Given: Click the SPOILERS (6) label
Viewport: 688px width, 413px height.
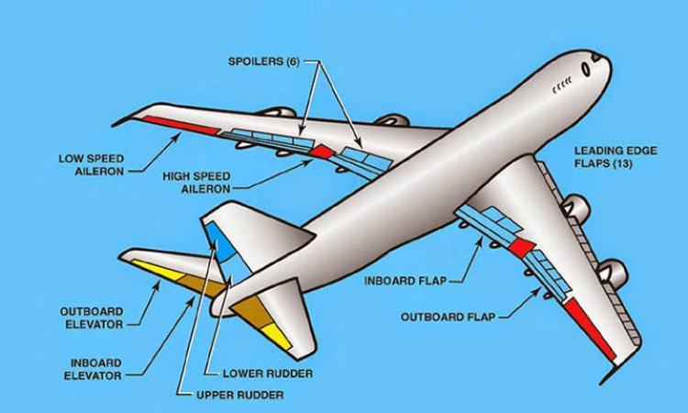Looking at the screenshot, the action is [263, 61].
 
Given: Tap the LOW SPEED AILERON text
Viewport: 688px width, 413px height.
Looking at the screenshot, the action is [91, 165].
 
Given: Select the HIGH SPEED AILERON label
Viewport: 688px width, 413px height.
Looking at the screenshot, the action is [196, 183].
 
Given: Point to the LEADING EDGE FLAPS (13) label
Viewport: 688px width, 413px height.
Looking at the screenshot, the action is [616, 157].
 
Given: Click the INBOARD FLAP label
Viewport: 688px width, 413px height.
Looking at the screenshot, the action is [405, 281].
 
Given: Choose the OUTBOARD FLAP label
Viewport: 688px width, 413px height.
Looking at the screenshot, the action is [448, 317].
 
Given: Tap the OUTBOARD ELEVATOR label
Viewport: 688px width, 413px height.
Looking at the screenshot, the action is [92, 318].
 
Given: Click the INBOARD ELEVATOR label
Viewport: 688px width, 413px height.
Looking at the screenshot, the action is [93, 370].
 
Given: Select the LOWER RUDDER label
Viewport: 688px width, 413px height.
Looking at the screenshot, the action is [268, 374].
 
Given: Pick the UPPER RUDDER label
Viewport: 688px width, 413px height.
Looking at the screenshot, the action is [240, 395].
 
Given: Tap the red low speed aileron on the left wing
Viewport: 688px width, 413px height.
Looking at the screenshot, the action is [181, 125].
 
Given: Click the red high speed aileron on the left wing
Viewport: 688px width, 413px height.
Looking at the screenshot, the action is [322, 151].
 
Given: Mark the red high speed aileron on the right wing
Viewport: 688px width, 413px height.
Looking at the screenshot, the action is [522, 248].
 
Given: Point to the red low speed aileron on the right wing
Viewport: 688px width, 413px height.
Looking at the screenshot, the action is [589, 327].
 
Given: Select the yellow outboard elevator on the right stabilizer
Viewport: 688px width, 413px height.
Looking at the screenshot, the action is [276, 336].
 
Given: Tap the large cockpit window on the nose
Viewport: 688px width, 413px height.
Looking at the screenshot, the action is [585, 70].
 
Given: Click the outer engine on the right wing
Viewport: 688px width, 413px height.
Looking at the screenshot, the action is [613, 272].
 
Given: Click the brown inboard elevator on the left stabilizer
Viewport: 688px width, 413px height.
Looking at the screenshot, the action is [203, 285].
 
